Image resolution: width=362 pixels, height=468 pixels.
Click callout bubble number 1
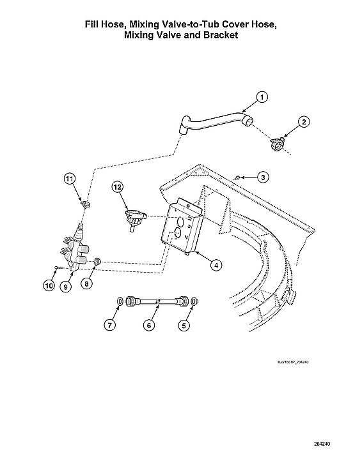click(x=261, y=97)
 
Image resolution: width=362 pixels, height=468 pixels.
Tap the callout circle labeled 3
click(x=264, y=176)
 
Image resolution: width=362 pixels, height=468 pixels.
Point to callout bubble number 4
click(x=217, y=264)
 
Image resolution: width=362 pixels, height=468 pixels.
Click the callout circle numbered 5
click(x=184, y=325)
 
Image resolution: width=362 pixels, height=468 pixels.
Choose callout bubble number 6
click(x=148, y=325)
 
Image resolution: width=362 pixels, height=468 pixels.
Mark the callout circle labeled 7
click(x=111, y=325)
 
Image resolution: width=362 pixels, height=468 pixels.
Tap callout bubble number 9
click(x=66, y=286)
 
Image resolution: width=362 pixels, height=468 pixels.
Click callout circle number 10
click(x=49, y=285)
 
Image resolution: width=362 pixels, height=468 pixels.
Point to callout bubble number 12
click(x=117, y=187)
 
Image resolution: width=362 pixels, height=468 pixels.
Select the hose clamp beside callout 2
click(x=276, y=144)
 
